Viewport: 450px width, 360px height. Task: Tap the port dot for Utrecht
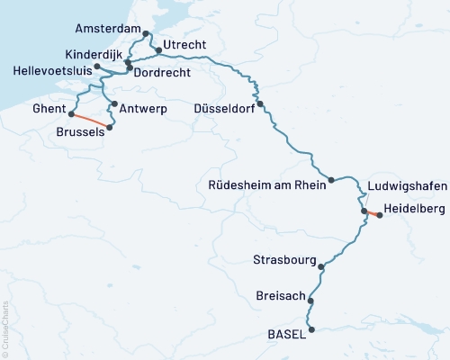tap(158, 48)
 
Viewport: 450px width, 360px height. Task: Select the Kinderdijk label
tap(94, 55)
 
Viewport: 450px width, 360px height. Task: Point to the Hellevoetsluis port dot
tap(97, 67)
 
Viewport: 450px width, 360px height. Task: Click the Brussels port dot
tap(110, 128)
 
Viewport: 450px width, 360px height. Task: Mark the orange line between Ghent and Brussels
tap(89, 121)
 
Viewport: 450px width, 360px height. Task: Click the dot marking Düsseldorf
tap(260, 104)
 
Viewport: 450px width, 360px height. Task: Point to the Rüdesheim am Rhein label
tap(265, 184)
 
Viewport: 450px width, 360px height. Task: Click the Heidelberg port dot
tap(379, 215)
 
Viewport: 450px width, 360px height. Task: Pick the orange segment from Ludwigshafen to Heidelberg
tap(372, 213)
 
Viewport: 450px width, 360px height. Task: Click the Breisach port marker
tap(310, 300)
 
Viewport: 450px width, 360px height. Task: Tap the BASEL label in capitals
tap(287, 334)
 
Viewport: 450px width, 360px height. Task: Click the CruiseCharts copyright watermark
tap(5, 328)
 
